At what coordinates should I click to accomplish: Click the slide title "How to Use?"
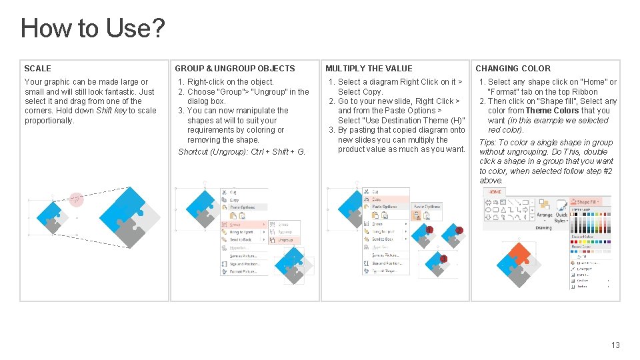coord(93,28)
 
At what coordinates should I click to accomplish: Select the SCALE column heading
coord(37,68)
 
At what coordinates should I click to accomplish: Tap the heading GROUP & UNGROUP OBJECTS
coord(235,68)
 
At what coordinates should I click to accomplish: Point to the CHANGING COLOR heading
coord(513,68)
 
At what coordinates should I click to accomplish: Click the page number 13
coord(615,345)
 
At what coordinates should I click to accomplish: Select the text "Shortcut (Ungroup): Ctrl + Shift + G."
coord(241,152)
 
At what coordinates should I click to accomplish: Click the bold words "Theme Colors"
coord(552,111)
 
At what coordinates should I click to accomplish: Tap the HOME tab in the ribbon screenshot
coord(495,192)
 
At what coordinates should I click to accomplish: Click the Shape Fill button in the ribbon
coord(587,201)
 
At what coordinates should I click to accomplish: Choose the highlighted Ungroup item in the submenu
coord(285,240)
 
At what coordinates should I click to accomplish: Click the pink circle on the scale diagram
coord(77,199)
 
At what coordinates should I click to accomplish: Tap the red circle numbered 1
coord(429,230)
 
